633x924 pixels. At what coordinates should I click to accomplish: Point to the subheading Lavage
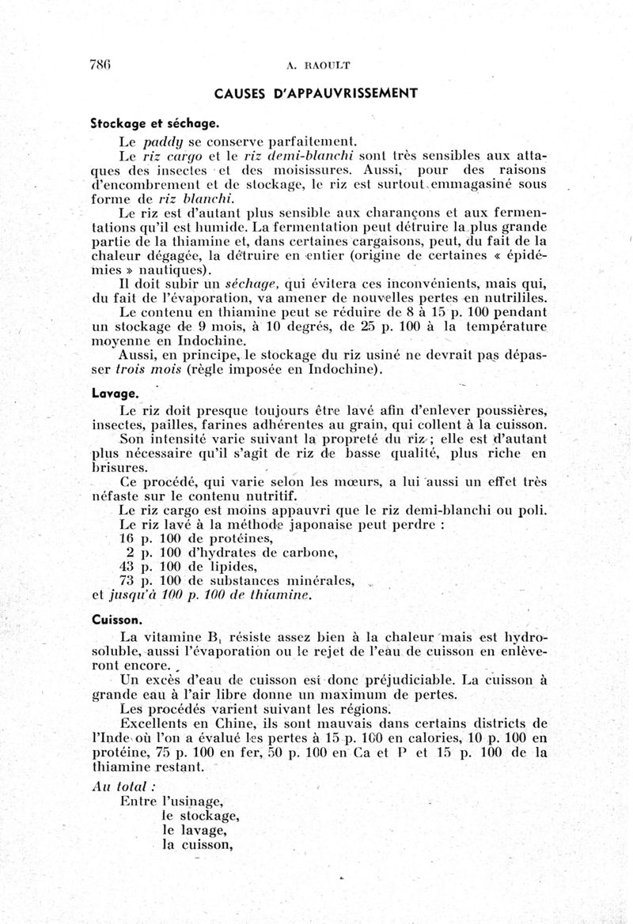pos(116,392)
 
